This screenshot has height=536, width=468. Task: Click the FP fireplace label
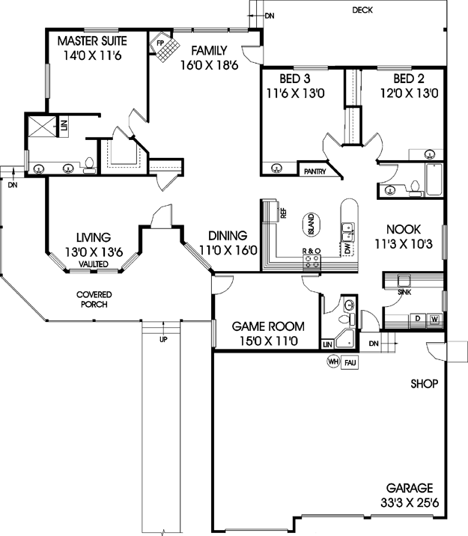[x=160, y=43]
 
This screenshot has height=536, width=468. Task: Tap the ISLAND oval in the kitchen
[x=311, y=225]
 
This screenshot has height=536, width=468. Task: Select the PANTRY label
[x=314, y=171]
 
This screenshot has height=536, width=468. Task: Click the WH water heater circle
[x=333, y=362]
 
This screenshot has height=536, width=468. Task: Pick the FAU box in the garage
[x=350, y=362]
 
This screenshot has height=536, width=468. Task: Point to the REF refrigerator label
[x=283, y=213]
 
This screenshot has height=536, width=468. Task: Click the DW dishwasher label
[x=347, y=248]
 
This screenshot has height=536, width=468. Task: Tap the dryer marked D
[x=417, y=319]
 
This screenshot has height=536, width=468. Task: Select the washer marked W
[x=434, y=320]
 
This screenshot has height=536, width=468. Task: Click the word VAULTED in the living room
[x=94, y=264]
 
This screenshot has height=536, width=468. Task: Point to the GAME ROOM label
[x=268, y=326]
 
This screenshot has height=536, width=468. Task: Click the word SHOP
[x=425, y=384]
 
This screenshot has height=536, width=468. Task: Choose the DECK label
[x=362, y=10]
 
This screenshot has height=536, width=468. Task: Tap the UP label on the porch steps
[x=163, y=340]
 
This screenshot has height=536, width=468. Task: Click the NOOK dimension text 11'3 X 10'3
[x=404, y=244]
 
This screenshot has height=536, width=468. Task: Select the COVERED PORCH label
[x=94, y=299]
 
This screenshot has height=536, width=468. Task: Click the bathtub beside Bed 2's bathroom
[x=434, y=180]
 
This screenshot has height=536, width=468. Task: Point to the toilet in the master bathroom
[x=90, y=165]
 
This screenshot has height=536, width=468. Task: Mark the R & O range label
[x=312, y=251]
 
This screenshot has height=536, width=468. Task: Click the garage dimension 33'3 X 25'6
[x=410, y=503]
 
